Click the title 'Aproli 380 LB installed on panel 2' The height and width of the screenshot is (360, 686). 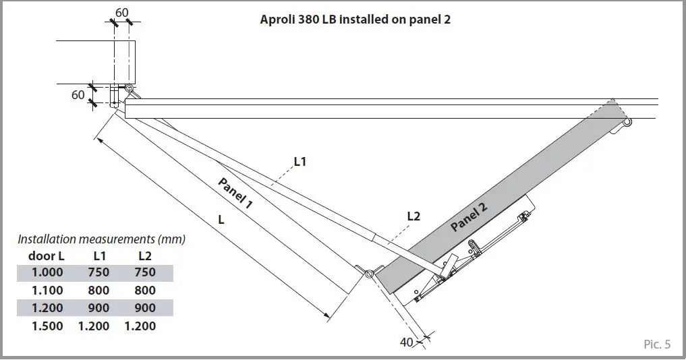[x=355, y=20]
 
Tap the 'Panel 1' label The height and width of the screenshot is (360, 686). [x=235, y=194]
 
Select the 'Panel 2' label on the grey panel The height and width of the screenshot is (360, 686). [x=468, y=218]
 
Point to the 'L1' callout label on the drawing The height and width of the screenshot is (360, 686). [x=300, y=162]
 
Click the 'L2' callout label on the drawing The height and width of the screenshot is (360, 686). [x=413, y=216]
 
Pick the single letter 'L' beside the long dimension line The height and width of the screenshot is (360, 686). [x=221, y=220]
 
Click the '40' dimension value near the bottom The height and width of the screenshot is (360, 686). [x=407, y=342]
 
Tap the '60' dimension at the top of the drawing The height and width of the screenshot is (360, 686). [x=121, y=12]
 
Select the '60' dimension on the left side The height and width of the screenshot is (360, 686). [x=78, y=95]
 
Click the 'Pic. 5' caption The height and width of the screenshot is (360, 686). [x=657, y=344]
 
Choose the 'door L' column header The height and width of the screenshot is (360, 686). [x=47, y=256]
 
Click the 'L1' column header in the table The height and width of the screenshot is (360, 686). [x=99, y=256]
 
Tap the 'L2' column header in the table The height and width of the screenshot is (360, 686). [x=144, y=256]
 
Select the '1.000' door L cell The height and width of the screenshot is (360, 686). [x=47, y=272]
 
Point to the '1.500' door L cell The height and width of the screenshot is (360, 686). [x=47, y=326]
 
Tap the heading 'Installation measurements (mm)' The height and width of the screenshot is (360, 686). [x=101, y=239]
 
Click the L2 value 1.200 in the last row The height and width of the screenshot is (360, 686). [x=140, y=326]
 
